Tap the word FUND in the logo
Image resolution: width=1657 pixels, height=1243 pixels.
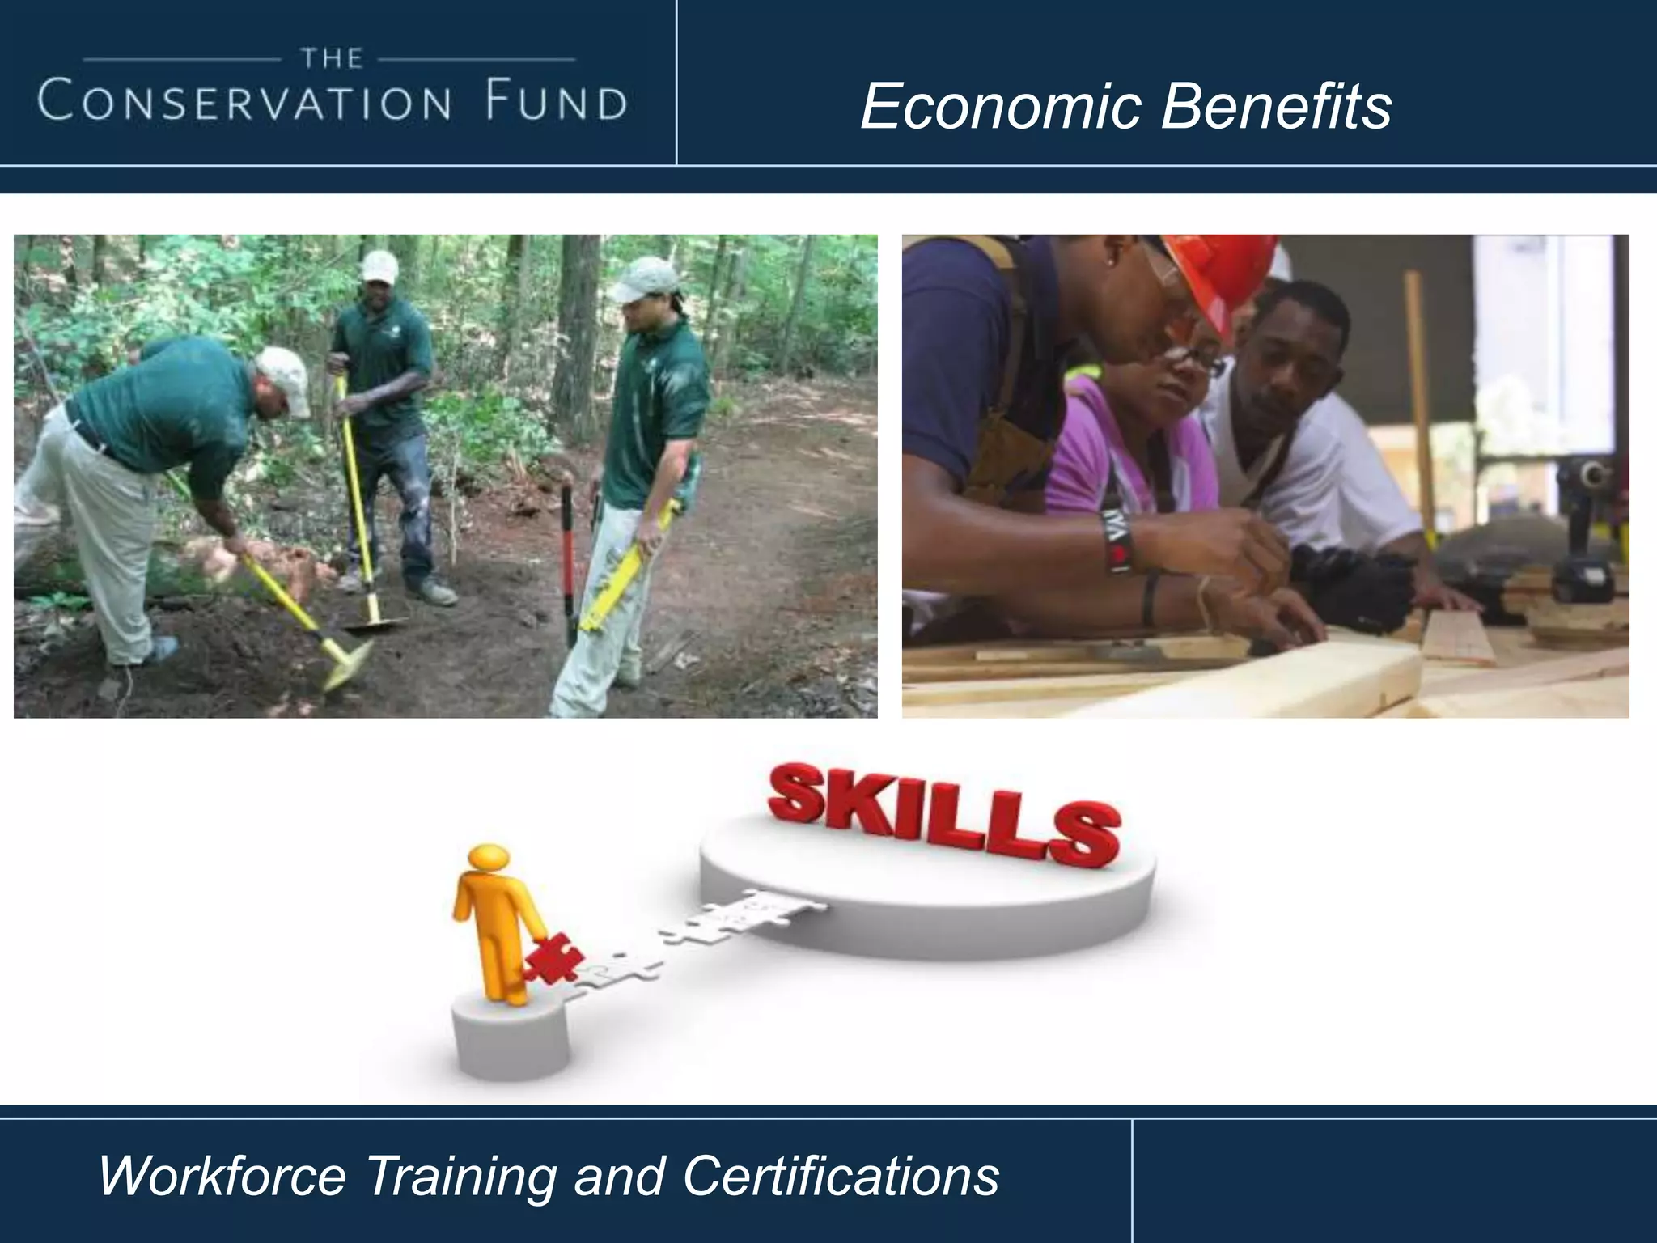[557, 103]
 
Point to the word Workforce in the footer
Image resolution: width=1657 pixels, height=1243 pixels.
[222, 1176]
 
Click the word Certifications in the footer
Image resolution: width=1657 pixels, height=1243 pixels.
[841, 1176]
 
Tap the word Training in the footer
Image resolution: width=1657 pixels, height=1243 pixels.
[460, 1176]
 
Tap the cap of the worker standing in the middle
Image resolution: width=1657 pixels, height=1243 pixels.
[379, 265]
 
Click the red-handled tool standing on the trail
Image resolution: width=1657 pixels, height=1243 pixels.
[568, 558]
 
